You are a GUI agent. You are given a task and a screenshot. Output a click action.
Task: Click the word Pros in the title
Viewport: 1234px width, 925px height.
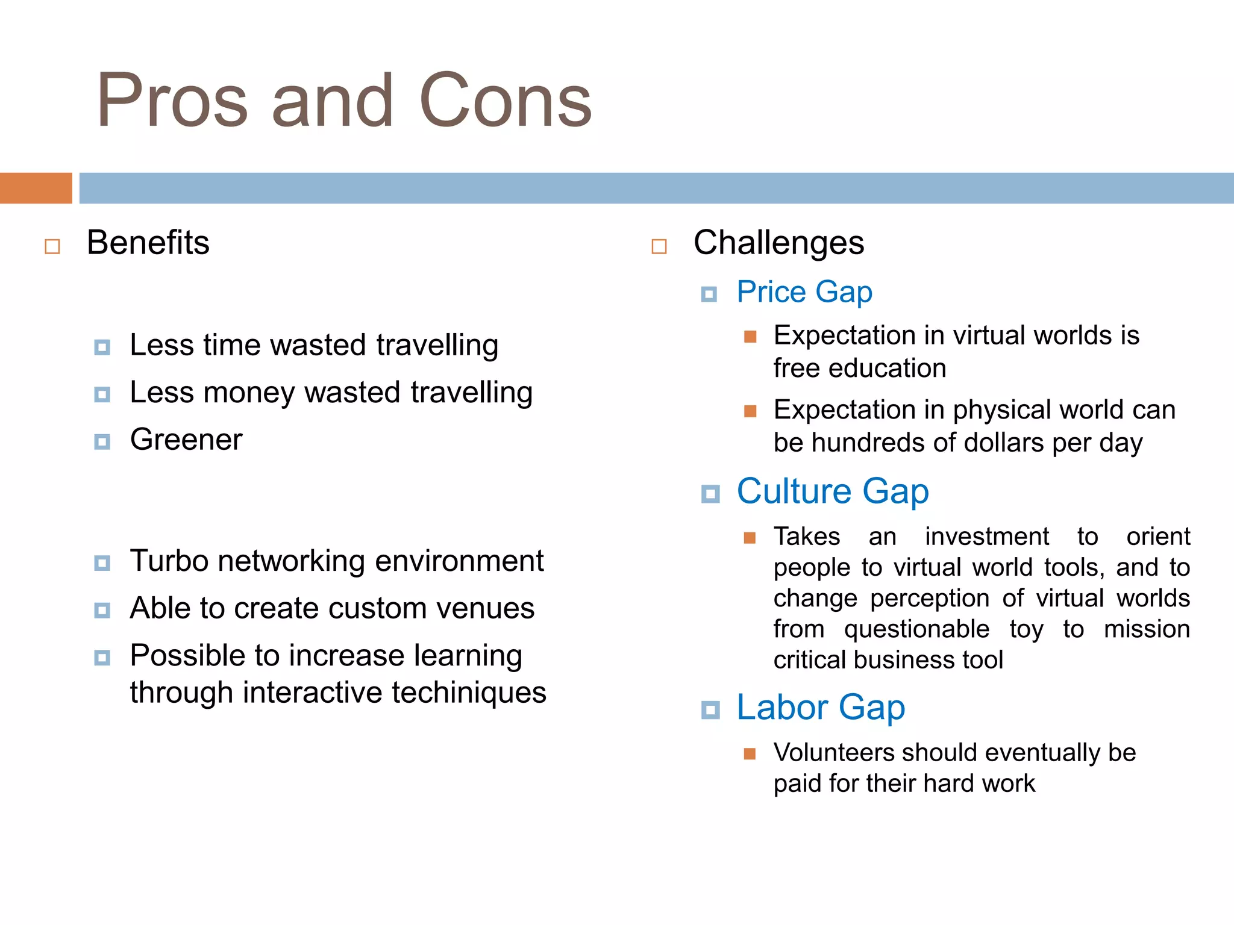pyautogui.click(x=172, y=101)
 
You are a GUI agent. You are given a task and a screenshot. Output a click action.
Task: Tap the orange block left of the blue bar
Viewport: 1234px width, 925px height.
pyautogui.click(x=36, y=188)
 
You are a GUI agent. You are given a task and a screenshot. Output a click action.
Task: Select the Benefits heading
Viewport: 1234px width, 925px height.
pyautogui.click(x=148, y=243)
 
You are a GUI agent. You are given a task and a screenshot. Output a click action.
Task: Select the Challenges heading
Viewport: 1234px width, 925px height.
pyautogui.click(x=778, y=243)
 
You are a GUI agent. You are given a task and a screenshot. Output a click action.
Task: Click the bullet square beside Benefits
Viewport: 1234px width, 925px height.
pyautogui.click(x=52, y=246)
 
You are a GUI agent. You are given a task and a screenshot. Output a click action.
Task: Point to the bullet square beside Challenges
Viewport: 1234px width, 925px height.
pyautogui.click(x=659, y=246)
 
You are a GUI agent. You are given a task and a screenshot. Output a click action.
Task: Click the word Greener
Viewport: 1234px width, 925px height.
pyautogui.click(x=186, y=440)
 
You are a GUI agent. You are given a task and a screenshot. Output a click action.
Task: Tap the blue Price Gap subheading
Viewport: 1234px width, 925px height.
pyautogui.click(x=804, y=293)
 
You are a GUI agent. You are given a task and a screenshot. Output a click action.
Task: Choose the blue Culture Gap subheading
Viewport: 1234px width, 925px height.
pyautogui.click(x=833, y=491)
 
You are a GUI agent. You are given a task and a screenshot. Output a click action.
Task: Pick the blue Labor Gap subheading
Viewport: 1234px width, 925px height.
pyautogui.click(x=821, y=708)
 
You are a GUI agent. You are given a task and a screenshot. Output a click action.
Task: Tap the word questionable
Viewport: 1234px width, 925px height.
pyautogui.click(x=916, y=629)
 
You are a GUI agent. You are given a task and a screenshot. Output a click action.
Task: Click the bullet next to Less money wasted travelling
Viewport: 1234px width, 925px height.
pyautogui.click(x=102, y=395)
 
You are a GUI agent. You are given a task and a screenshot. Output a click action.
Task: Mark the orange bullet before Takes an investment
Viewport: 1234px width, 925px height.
pyautogui.click(x=750, y=538)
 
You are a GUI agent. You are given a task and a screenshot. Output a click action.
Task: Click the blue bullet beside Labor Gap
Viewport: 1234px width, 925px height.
pyautogui.click(x=711, y=711)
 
